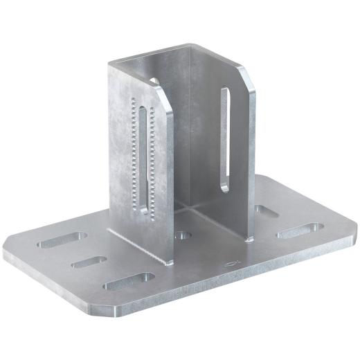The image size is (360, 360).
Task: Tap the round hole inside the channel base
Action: tap(183, 235)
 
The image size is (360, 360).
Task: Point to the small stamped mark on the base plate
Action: tap(233, 264)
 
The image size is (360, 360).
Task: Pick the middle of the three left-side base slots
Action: tap(89, 262)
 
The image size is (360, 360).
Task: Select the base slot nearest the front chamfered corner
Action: tap(128, 281)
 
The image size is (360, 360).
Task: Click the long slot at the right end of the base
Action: tap(299, 231)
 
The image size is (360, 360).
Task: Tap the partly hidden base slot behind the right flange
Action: tap(265, 210)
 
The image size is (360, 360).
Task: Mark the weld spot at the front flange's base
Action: tap(170, 262)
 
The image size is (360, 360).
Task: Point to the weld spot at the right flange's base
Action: tap(250, 239)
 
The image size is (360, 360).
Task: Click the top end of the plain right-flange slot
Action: tap(224, 92)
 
